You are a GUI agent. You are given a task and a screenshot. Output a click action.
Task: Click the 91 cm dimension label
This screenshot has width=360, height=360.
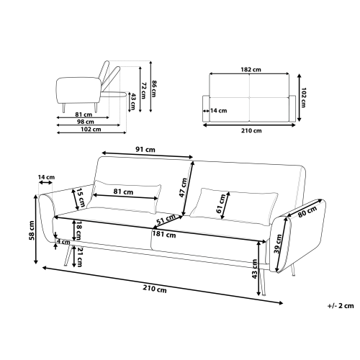(x=145, y=150)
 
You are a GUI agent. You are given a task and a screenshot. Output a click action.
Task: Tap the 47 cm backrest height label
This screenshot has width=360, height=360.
(x=184, y=188)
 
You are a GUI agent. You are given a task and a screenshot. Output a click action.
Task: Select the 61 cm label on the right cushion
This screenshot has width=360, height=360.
(x=221, y=204)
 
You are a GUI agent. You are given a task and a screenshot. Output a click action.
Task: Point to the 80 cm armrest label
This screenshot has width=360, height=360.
(x=307, y=212)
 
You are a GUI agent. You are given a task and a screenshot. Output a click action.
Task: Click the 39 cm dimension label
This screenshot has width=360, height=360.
(x=278, y=244)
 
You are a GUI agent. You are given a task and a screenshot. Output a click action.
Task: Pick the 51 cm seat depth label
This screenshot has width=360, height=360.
(x=166, y=220)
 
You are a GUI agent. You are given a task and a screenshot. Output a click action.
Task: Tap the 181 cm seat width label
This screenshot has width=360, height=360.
(x=164, y=234)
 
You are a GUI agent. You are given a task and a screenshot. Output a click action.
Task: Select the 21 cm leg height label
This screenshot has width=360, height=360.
(x=78, y=256)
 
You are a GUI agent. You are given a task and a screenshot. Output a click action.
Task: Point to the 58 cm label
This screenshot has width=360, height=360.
(x=32, y=230)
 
